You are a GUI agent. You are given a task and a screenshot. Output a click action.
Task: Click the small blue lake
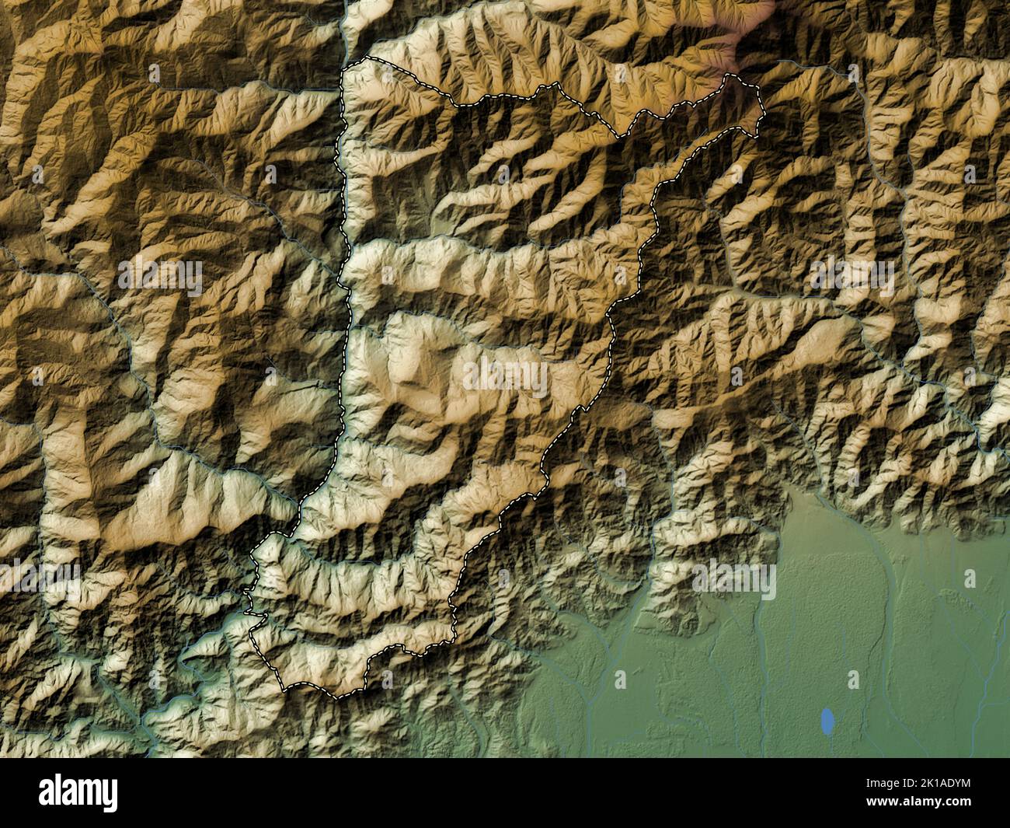828,721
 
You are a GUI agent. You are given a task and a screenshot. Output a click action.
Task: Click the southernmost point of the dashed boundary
337,697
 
